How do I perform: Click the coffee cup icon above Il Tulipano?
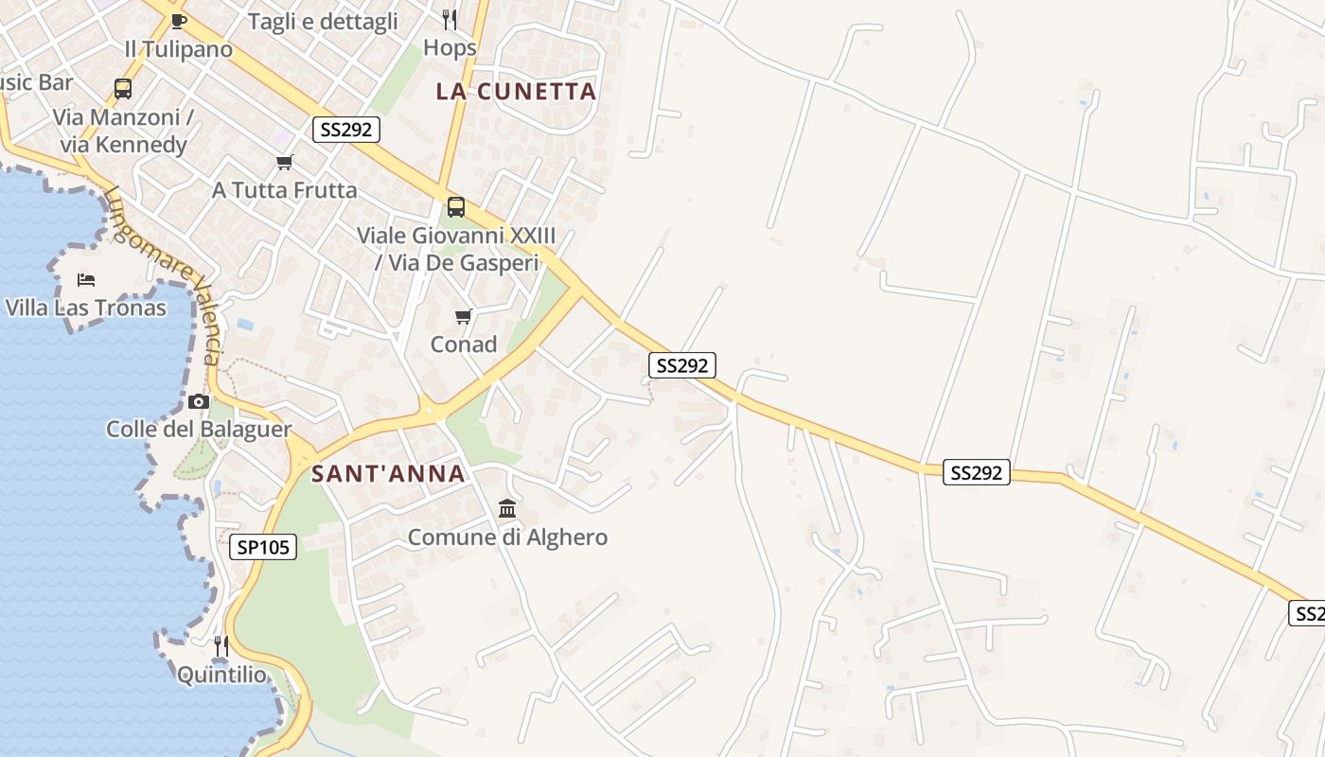(x=179, y=21)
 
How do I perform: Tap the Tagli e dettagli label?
(x=323, y=22)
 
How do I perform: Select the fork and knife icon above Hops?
(x=450, y=19)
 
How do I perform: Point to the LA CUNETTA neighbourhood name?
(x=516, y=91)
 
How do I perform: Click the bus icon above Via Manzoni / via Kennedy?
(x=123, y=89)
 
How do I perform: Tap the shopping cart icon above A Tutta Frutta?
(x=284, y=163)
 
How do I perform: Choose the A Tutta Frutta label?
(x=284, y=190)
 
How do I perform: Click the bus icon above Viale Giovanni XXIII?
(x=456, y=207)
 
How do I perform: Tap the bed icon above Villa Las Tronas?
(x=86, y=280)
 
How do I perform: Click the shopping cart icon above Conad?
(x=464, y=316)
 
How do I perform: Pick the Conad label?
(x=464, y=344)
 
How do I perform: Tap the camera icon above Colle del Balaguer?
(x=198, y=401)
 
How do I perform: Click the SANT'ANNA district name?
(x=388, y=473)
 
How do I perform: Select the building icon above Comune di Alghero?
(x=507, y=509)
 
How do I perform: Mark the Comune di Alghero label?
(x=507, y=537)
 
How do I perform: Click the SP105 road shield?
(x=263, y=546)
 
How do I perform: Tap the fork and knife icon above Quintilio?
(x=221, y=646)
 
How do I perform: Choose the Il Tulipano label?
(x=178, y=49)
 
